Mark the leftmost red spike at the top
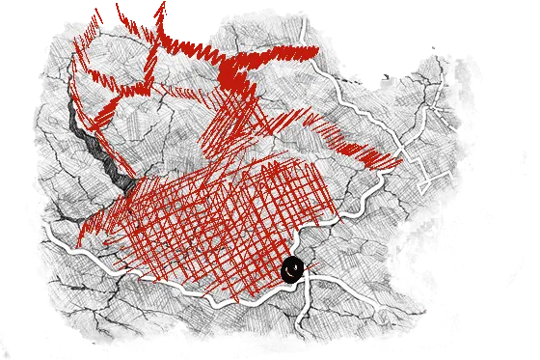pos(96,19)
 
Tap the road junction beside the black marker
pos(307,276)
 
